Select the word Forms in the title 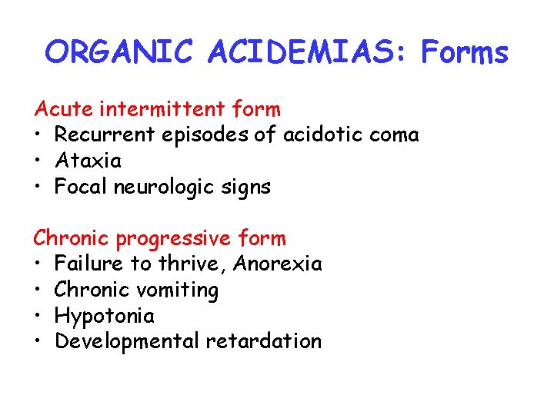coord(464,52)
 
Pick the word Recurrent coord(105,135)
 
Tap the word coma coord(394,135)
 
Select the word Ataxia coord(88,161)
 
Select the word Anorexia coord(277,264)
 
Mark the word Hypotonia coord(105,316)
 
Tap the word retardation coord(263,341)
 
